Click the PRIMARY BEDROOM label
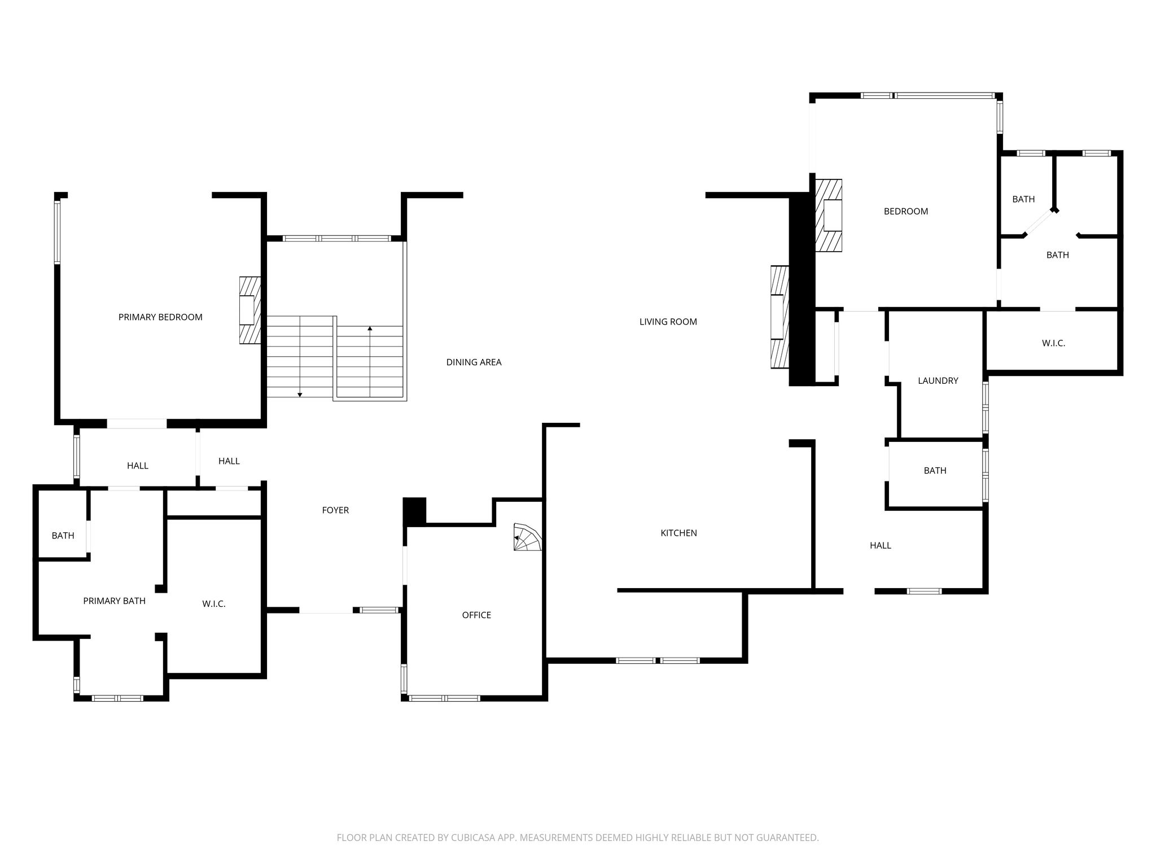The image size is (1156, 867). [160, 317]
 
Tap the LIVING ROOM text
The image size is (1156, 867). [668, 322]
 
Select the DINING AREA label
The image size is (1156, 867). [474, 362]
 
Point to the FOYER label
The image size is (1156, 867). [335, 510]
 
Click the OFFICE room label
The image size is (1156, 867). [476, 615]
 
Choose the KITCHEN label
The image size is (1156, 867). [678, 533]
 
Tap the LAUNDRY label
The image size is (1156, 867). [938, 380]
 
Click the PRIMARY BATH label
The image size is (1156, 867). [114, 601]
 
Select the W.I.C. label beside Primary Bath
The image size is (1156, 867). [214, 604]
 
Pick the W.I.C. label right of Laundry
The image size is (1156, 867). [1053, 343]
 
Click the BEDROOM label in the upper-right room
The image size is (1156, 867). [906, 211]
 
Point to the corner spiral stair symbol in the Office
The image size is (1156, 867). [527, 537]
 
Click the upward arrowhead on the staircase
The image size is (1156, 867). [370, 328]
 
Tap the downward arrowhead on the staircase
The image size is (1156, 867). [300, 395]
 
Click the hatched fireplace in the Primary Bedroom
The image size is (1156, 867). [250, 310]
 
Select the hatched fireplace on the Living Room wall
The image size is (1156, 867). [780, 317]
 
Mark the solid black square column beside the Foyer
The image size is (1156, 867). [414, 511]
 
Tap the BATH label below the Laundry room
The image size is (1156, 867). [935, 471]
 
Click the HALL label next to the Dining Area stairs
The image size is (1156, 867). [229, 461]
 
